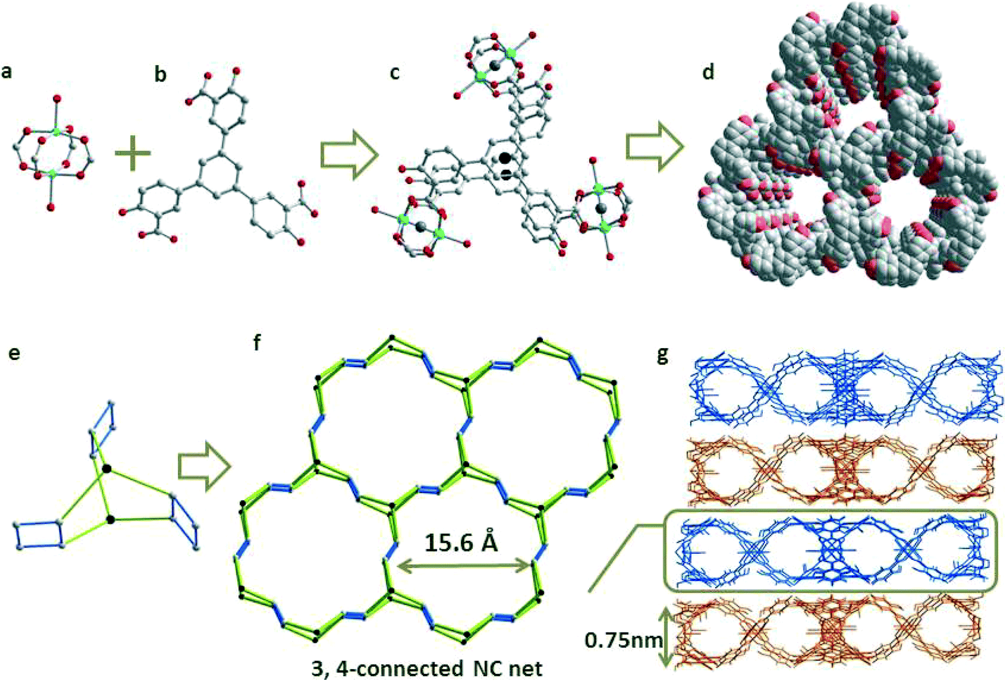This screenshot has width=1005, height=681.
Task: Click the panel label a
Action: click(6, 72)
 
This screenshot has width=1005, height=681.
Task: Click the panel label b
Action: click(160, 74)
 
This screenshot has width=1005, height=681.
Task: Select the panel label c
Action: click(395, 72)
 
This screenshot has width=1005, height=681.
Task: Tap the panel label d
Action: click(708, 72)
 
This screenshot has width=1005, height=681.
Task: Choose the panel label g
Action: click(662, 355)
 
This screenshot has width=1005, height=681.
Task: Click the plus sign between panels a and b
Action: click(132, 153)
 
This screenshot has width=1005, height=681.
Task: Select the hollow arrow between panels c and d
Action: click(655, 147)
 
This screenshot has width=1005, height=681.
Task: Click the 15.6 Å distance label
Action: click(461, 541)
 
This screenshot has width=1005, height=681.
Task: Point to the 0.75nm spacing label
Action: click(623, 640)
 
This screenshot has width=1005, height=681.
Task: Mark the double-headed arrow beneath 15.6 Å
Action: click(464, 566)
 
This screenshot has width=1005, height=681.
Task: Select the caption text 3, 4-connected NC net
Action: click(427, 668)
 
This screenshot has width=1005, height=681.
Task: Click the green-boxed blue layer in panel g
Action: click(830, 552)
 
